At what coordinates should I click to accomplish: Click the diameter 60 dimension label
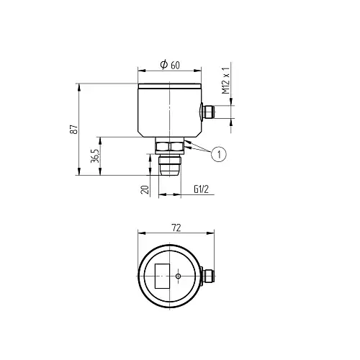(170, 65)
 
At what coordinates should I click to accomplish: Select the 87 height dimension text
(74, 129)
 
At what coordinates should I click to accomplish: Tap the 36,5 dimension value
(95, 156)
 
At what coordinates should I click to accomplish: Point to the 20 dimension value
(145, 189)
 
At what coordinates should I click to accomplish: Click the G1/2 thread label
(201, 189)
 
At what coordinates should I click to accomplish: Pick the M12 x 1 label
(225, 81)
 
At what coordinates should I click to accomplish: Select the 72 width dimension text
(176, 228)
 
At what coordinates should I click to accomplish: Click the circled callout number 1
(219, 154)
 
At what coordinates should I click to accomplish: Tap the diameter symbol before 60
(164, 64)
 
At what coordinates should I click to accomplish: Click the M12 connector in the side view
(207, 112)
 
